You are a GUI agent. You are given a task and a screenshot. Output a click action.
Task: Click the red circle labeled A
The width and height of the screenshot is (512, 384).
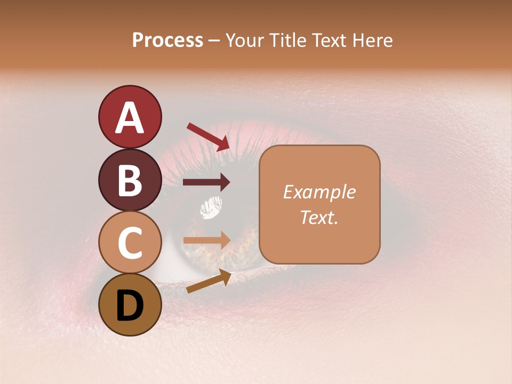(130, 117)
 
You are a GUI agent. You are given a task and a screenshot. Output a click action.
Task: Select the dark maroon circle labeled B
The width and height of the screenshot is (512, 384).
(130, 180)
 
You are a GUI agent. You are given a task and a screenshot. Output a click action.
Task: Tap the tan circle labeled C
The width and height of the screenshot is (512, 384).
(130, 243)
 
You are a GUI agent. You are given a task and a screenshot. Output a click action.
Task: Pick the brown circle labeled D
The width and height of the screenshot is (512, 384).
(130, 305)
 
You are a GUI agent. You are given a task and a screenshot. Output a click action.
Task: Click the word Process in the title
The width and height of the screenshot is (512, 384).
(167, 41)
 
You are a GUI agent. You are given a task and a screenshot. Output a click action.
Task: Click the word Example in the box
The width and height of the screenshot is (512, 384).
(319, 193)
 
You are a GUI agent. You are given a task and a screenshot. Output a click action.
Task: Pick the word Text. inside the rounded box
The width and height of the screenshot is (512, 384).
(319, 217)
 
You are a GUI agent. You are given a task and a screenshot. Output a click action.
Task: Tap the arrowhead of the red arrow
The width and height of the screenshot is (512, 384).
(224, 143)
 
